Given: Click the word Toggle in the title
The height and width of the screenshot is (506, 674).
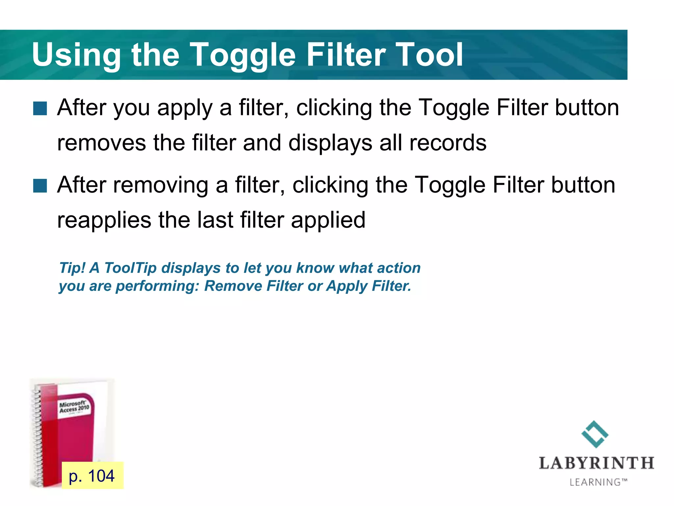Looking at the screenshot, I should click(243, 55).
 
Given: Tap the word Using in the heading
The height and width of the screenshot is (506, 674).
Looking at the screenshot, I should click(76, 55).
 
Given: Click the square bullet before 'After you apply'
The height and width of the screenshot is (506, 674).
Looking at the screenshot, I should click(40, 108).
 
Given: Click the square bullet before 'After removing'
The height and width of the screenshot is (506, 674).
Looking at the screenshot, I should click(40, 185).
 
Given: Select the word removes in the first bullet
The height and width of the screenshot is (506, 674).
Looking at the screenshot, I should click(101, 143).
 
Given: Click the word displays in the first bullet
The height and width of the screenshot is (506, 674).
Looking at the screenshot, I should click(330, 143).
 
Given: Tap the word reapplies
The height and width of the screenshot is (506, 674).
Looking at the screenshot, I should click(104, 220).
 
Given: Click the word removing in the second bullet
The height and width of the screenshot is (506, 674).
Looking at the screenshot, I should click(161, 185).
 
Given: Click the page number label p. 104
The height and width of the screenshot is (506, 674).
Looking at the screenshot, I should click(92, 476).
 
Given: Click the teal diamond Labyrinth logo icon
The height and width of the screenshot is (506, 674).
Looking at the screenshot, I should click(595, 434).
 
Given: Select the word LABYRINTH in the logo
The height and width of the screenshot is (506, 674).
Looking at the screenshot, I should click(596, 464).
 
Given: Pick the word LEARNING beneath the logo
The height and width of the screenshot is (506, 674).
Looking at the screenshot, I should click(595, 482).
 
